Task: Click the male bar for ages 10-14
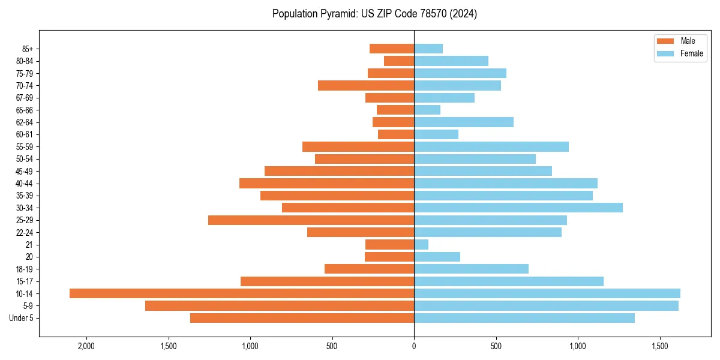(242, 293)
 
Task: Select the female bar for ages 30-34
(518, 208)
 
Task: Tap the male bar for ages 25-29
(311, 220)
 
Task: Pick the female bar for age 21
(421, 244)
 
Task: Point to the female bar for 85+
(428, 49)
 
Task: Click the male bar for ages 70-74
(366, 85)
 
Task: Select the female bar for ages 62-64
(464, 122)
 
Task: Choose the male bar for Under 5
(302, 318)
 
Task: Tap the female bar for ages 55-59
(491, 146)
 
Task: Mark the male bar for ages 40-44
(326, 183)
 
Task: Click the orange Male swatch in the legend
(665, 41)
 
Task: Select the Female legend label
(692, 53)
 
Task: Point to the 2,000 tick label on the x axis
(86, 346)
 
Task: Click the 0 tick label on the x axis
(414, 346)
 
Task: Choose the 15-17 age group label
(25, 281)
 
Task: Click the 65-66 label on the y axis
(25, 110)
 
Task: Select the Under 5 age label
(22, 318)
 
